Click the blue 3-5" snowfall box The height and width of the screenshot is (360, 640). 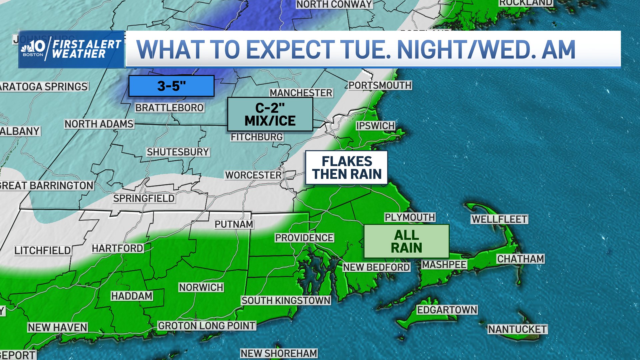(x=171, y=86)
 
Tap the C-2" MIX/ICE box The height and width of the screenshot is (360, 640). (x=270, y=114)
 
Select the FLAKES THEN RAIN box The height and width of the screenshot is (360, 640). (x=347, y=168)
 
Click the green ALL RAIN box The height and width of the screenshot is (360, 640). (x=406, y=241)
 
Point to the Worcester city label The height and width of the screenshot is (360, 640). (x=253, y=175)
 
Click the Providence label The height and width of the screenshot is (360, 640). (x=304, y=238)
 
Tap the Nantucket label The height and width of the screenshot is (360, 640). (x=517, y=329)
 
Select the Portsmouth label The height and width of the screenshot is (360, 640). (x=380, y=85)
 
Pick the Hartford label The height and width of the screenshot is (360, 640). (x=117, y=248)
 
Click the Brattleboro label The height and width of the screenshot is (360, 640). (x=169, y=108)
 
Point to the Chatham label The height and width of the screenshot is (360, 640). (x=520, y=259)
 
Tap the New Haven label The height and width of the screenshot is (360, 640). (x=57, y=328)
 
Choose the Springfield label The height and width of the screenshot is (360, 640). (x=144, y=198)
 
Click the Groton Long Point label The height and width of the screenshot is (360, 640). (x=207, y=326)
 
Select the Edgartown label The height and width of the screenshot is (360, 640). (x=447, y=310)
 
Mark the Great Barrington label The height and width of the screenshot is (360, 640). (x=47, y=186)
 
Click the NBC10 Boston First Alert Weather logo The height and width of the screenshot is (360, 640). (x=71, y=49)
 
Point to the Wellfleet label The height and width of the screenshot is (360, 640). (x=499, y=219)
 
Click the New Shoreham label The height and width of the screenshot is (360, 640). (x=279, y=353)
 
